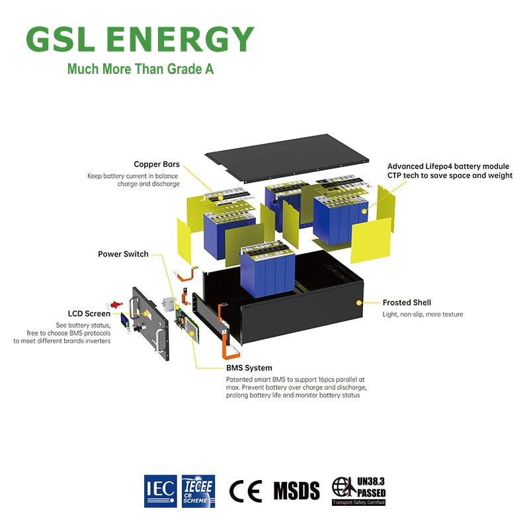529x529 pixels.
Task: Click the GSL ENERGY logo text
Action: pyautogui.click(x=140, y=40)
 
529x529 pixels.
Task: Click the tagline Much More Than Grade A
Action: pyautogui.click(x=140, y=69)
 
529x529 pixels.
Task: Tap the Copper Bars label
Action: pyautogui.click(x=157, y=164)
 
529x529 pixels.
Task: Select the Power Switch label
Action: pyautogui.click(x=123, y=254)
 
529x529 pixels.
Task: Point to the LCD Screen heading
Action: pyautogui.click(x=89, y=313)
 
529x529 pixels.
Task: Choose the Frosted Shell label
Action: pyautogui.click(x=407, y=302)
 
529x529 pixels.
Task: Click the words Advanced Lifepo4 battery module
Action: pyautogui.click(x=448, y=166)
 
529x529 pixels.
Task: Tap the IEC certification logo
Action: pyautogui.click(x=160, y=490)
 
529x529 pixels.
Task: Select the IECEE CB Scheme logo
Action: pyautogui.click(x=198, y=490)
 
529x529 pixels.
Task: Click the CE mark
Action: pyautogui.click(x=245, y=490)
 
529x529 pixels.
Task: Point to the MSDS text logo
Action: pyautogui.click(x=296, y=490)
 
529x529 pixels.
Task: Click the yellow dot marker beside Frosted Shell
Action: pyautogui.click(x=359, y=302)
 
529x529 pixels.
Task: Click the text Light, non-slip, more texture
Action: pyautogui.click(x=423, y=314)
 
